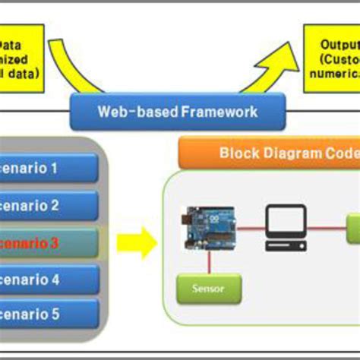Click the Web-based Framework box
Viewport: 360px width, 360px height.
(178, 112)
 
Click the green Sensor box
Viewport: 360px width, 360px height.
(209, 289)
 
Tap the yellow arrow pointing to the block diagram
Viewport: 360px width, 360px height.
(136, 243)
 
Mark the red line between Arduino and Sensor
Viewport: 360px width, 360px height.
(209, 263)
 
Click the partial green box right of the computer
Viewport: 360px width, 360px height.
(353, 229)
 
